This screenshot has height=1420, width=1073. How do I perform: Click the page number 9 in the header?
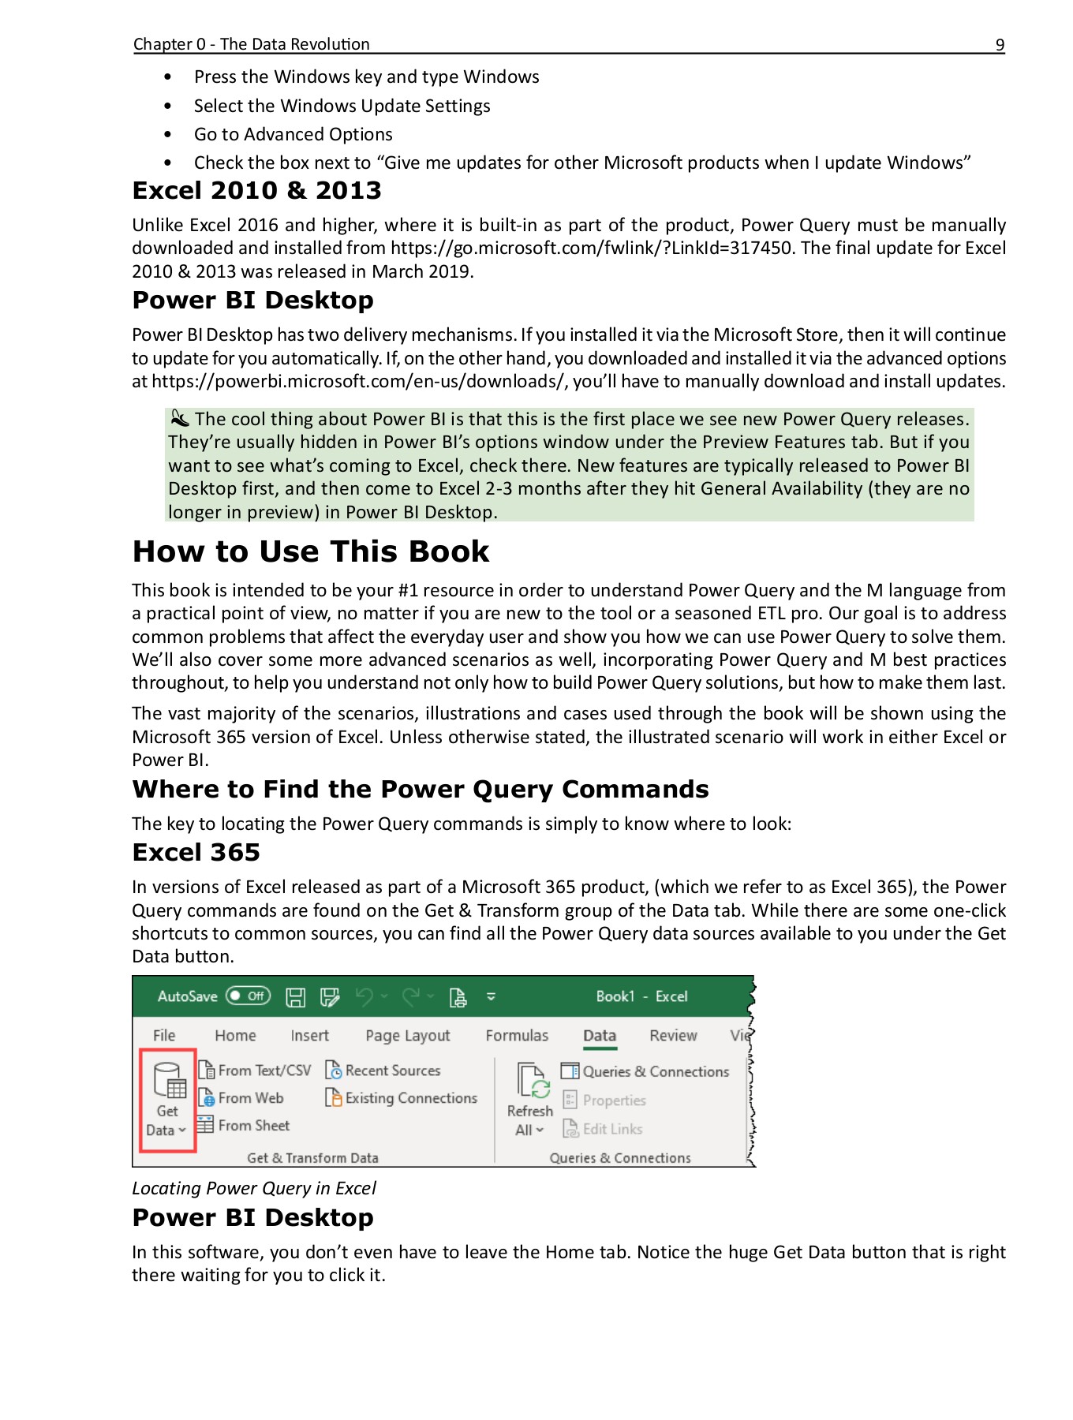coord(1000,45)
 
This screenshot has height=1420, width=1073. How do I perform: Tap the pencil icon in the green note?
coord(180,418)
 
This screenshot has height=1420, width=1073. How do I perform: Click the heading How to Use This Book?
coord(310,551)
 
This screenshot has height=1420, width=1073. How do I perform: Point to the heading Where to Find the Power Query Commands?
coord(420,790)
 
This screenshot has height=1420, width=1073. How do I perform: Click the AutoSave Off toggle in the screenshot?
coord(248,996)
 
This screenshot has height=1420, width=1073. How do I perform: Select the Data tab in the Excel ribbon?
coord(599,1036)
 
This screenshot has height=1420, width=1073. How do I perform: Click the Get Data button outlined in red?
coord(167,1100)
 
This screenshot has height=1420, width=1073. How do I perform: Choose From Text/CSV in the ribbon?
coord(255,1071)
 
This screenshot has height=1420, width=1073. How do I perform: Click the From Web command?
coord(241,1098)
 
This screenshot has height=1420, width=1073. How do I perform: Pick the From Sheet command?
coord(245,1126)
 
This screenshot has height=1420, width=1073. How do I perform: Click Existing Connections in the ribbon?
coord(402,1098)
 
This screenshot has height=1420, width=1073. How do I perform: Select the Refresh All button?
coord(529,1100)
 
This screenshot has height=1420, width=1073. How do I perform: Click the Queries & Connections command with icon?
coord(645,1071)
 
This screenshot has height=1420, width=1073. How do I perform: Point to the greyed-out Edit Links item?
coord(604,1129)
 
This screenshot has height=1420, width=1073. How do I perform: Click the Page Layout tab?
coord(407,1036)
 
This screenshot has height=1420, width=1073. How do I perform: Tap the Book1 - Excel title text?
coord(641,996)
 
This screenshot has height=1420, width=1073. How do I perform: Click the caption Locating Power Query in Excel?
coord(253,1188)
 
